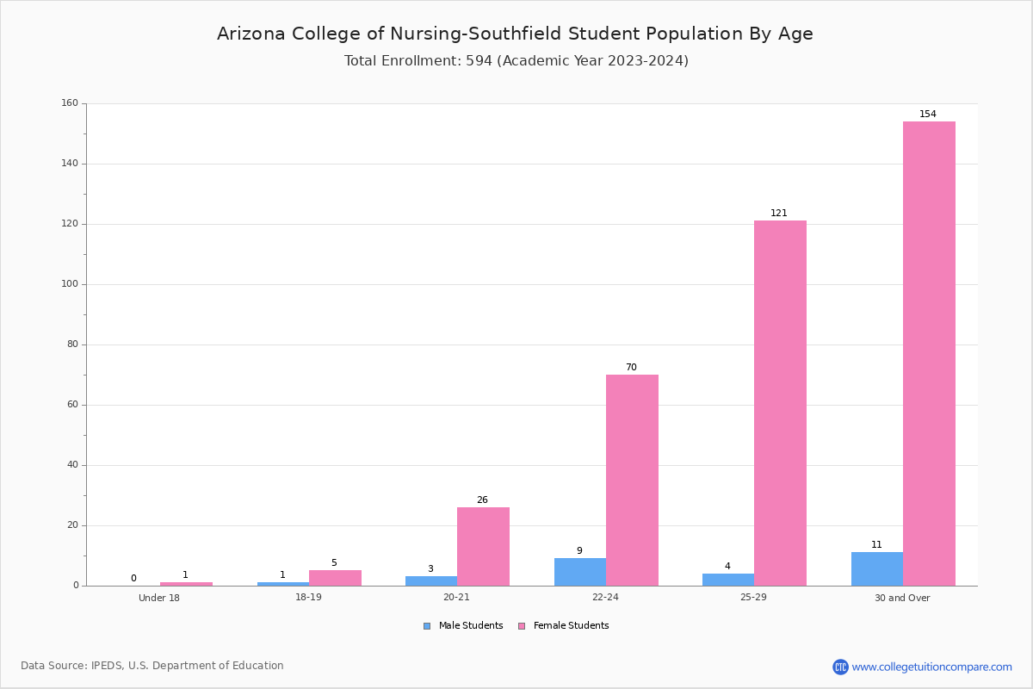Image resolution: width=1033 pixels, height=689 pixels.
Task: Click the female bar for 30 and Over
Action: pyautogui.click(x=929, y=353)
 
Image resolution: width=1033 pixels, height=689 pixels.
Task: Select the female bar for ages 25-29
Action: pyautogui.click(x=780, y=403)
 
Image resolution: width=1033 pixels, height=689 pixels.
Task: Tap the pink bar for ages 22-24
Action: pyautogui.click(x=632, y=481)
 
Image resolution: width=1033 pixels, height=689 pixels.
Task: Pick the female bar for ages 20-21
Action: pyautogui.click(x=483, y=547)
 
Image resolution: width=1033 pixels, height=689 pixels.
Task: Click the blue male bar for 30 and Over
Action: pyautogui.click(x=877, y=569)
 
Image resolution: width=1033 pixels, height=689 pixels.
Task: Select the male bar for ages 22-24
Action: pyautogui.click(x=580, y=572)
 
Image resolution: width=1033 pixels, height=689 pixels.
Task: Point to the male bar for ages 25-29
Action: pyautogui.click(x=728, y=580)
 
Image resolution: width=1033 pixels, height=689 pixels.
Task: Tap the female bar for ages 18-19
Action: pyautogui.click(x=335, y=578)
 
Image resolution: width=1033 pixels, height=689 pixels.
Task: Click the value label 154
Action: pyautogui.click(x=928, y=114)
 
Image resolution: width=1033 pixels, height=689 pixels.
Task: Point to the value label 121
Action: pyautogui.click(x=779, y=213)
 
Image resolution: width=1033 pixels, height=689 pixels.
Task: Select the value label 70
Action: pyautogui.click(x=631, y=367)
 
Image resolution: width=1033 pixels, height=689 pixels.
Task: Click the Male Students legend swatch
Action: pyautogui.click(x=427, y=626)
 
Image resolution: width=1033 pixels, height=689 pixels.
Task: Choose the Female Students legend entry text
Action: pyautogui.click(x=571, y=625)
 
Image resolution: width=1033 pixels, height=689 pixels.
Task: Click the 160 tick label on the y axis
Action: pyautogui.click(x=70, y=102)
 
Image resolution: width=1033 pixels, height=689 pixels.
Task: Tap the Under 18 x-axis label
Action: pyautogui.click(x=159, y=598)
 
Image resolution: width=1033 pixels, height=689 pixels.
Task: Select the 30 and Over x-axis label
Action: pyautogui.click(x=902, y=598)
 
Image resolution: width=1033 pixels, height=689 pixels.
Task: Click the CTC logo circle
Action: pyautogui.click(x=840, y=667)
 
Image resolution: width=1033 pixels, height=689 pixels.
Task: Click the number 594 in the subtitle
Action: pyautogui.click(x=479, y=60)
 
